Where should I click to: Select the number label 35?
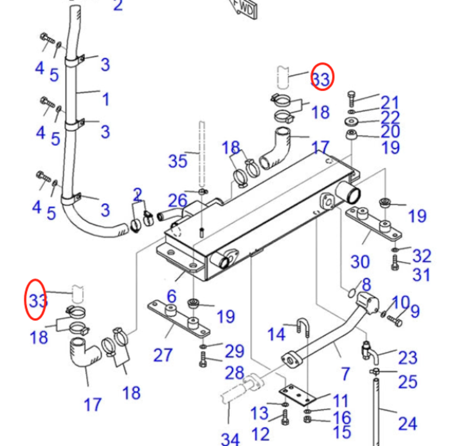tap(178, 161)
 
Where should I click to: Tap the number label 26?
tap(178, 200)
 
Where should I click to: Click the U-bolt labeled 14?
tap(303, 328)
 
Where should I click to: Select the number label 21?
tap(389, 102)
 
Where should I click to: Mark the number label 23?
tap(408, 357)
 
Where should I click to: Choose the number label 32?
tap(421, 256)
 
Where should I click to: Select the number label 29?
tap(234, 351)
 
